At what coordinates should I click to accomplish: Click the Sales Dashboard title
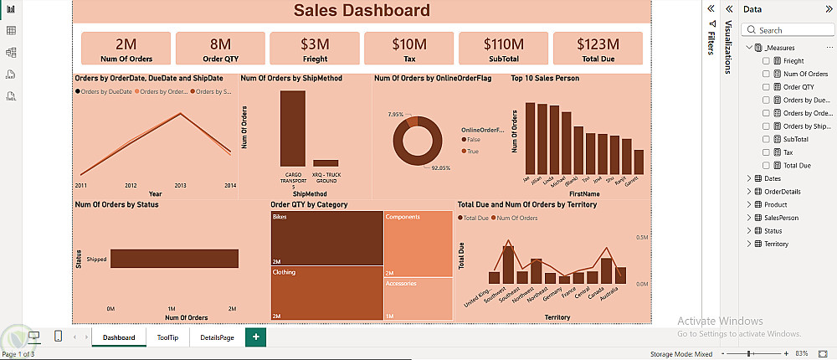pos(362,11)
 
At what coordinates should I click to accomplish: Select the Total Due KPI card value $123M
pos(598,44)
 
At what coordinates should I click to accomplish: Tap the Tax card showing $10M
pos(409,44)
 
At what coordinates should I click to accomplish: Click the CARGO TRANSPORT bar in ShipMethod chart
pos(292,127)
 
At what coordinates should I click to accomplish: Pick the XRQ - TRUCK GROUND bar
pos(326,162)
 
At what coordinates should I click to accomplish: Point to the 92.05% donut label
pos(440,167)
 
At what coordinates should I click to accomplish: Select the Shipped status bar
pos(174,259)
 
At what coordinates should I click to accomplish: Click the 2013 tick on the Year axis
pos(180,185)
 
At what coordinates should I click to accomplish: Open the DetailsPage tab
pos(216,337)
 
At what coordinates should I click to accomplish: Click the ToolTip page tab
pos(167,337)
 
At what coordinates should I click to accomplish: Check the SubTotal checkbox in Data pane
pos(766,139)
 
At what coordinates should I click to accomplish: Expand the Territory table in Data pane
pos(749,244)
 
